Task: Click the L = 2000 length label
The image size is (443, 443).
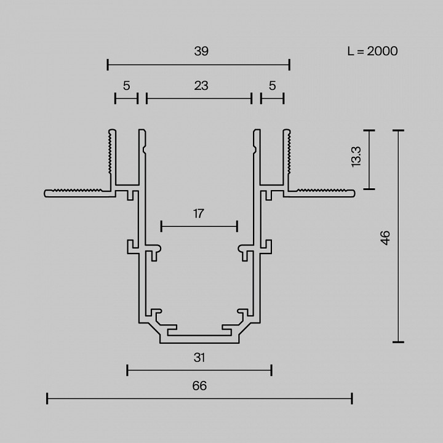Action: tap(372, 51)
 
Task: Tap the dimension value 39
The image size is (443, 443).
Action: tap(201, 52)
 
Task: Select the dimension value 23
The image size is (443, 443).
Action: tap(201, 86)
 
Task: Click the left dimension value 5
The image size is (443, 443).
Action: tap(126, 86)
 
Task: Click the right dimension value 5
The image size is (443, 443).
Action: tap(272, 86)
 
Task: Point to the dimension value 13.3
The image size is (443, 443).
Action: tap(356, 158)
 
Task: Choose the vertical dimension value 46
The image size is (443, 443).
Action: tap(385, 237)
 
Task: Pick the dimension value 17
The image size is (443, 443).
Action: tap(198, 214)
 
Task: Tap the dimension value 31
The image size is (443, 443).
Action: tap(199, 357)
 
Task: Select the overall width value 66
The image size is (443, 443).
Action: tap(199, 386)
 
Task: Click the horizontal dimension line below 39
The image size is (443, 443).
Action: tap(198, 64)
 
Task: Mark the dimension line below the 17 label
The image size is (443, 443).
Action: tap(199, 226)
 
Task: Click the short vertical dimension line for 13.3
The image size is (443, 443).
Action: tap(369, 160)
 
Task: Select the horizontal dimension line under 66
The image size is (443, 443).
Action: tap(199, 399)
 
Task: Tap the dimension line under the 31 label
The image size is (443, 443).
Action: tap(199, 370)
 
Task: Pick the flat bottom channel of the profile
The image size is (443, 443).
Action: tap(199, 338)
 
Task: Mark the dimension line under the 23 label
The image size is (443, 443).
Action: tap(199, 98)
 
